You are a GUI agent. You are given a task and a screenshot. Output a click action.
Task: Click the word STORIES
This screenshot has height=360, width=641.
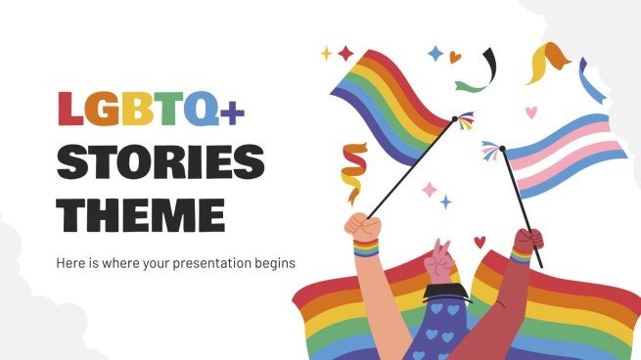(x=160, y=162)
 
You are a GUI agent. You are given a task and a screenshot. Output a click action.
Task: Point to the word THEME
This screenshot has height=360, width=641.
(x=141, y=212)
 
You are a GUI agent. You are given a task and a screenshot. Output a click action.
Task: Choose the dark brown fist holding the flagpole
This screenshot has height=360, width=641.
(x=529, y=241)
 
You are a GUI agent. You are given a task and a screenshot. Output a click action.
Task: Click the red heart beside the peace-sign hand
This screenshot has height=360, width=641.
(x=480, y=242)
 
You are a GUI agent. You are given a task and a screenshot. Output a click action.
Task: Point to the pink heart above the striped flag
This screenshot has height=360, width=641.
(x=531, y=112)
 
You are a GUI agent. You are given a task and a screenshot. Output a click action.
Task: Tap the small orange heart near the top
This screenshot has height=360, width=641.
(x=455, y=58)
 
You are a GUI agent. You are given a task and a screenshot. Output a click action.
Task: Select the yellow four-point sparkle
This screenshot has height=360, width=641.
(x=326, y=54)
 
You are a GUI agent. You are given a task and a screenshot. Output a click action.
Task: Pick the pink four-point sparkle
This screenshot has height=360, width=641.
(x=428, y=189)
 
